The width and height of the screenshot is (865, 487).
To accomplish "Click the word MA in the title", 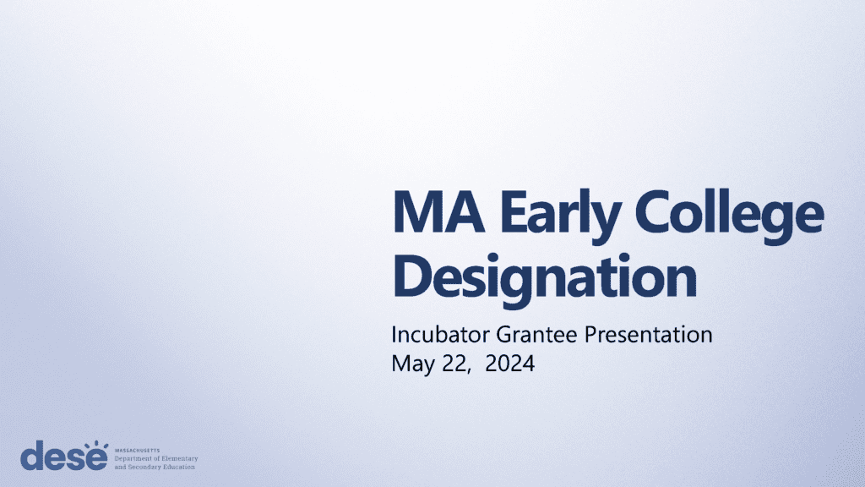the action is (438, 212).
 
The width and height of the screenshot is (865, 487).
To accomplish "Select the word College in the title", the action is (729, 216).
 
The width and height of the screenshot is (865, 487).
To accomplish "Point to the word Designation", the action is (545, 277).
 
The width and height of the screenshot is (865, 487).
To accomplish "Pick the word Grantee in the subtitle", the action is (536, 335).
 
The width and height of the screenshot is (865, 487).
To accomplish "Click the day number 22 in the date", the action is (454, 364).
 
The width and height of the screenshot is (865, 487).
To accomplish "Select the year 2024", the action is (509, 364).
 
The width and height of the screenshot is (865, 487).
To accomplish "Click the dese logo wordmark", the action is (64, 455).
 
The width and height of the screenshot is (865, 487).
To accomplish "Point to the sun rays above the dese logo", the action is (96, 445).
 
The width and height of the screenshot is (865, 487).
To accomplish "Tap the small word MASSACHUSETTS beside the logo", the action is (137, 451).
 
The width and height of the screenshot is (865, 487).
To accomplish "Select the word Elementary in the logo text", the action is (179, 459).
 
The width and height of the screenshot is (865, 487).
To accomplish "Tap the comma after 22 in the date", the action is (469, 372).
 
